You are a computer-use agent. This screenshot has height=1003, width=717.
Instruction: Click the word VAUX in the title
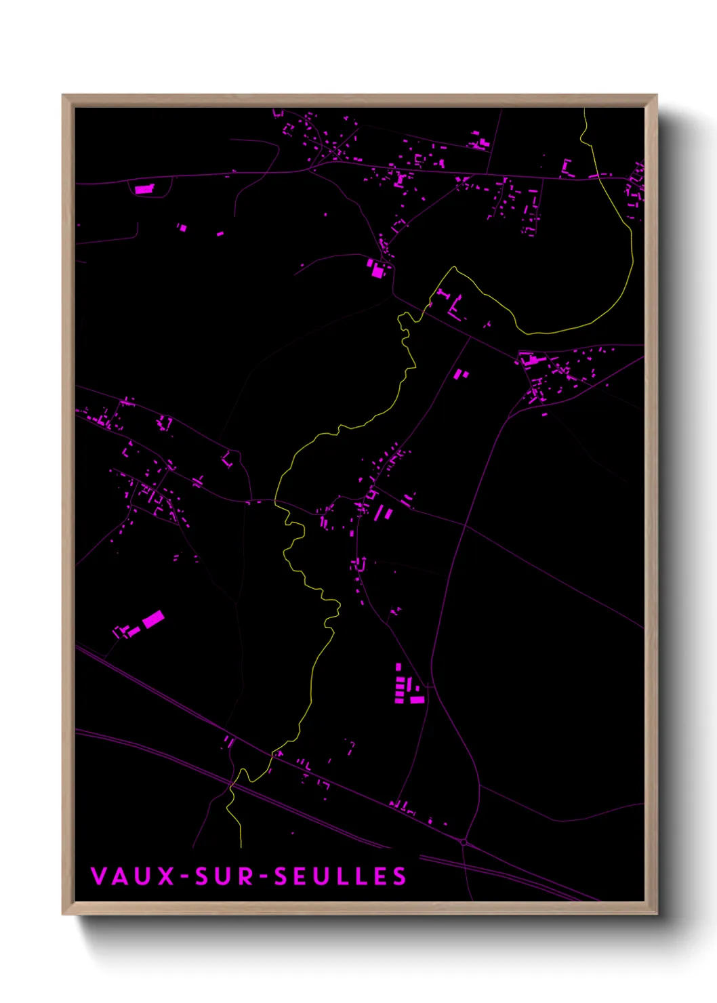(x=133, y=876)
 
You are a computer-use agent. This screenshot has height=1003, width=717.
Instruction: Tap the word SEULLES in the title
(x=340, y=876)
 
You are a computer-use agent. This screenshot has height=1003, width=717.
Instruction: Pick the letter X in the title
(x=166, y=876)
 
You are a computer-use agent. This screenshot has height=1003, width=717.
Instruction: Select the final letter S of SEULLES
(x=399, y=876)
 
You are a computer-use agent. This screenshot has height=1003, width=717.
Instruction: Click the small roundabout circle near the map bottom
(x=464, y=842)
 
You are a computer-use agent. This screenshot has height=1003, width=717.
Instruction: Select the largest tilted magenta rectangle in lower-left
(x=153, y=619)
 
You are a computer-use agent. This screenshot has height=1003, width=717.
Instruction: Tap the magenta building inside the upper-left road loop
(x=144, y=189)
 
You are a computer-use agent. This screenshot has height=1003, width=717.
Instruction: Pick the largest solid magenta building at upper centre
(x=377, y=271)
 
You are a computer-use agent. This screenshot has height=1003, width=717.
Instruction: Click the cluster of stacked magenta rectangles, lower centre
(x=407, y=686)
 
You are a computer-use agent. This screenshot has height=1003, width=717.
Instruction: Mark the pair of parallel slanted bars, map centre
(x=384, y=512)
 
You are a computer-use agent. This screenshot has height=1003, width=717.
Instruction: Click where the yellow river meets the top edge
(x=584, y=109)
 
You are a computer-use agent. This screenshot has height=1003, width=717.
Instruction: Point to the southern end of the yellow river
(x=241, y=846)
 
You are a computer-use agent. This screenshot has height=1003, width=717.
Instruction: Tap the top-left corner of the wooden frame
(x=63, y=96)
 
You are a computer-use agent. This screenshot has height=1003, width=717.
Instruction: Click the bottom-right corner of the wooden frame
(x=656, y=914)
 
